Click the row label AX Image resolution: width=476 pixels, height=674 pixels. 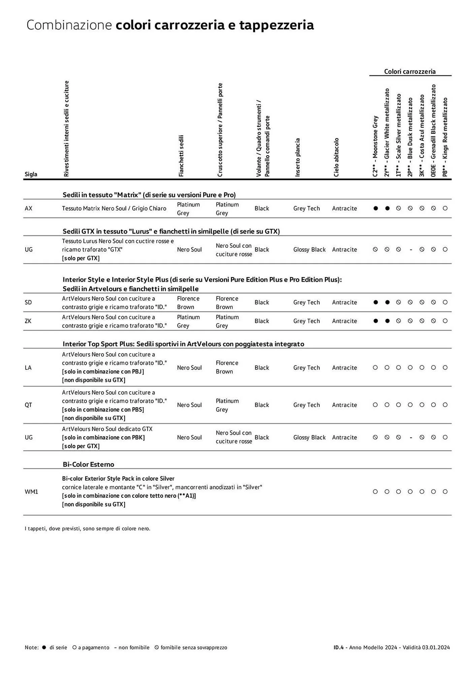point(29,208)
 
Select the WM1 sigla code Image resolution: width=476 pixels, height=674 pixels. point(31,492)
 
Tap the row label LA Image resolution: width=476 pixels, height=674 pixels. point(28,368)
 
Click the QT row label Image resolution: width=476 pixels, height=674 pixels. point(28,405)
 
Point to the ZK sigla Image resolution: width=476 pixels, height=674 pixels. point(28,321)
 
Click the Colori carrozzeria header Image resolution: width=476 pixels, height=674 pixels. point(410,71)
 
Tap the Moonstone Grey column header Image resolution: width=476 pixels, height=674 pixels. point(375,146)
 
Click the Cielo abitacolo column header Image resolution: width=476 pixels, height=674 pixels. point(336,157)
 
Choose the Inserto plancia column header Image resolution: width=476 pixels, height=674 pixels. point(297,157)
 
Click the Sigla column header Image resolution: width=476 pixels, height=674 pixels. point(31,174)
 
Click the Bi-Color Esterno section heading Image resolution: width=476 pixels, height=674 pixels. point(88,464)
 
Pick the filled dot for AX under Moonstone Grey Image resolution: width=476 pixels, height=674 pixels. point(376,208)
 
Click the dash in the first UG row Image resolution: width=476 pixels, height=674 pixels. point(411,250)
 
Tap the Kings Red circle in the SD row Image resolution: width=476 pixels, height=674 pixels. point(445,302)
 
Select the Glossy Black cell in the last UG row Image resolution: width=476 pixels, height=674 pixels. point(309,437)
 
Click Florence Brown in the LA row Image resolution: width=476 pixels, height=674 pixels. point(227,367)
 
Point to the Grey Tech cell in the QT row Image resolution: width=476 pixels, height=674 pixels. point(306,405)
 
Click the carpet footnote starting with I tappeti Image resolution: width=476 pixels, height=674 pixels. point(88,528)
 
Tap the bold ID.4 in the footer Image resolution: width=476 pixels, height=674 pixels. point(338,647)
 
